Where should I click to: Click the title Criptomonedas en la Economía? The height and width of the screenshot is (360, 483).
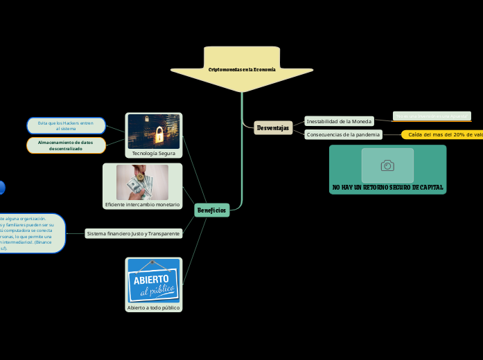242,70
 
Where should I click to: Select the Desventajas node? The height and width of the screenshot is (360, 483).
272,128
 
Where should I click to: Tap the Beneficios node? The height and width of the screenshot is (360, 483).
211,210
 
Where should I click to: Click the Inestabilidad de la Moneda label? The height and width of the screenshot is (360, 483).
339,121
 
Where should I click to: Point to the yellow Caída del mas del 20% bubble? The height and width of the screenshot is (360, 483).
444,135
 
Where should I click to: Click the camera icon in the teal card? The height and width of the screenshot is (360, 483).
387,165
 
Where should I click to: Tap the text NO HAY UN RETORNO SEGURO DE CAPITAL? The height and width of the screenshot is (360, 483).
387,188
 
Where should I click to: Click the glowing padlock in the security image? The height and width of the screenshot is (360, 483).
159,133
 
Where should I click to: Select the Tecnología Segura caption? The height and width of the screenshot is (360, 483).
153,153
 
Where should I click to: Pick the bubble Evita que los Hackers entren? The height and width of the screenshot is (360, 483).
66,125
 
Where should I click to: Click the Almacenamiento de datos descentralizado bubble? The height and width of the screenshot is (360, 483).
66,145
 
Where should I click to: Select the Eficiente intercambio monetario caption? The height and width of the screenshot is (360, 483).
142,205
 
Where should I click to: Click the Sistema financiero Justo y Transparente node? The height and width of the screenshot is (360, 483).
133,234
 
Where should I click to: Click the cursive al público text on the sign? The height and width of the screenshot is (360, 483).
157,290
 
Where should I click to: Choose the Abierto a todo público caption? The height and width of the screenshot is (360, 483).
153,307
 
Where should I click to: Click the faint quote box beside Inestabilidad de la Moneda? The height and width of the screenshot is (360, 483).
431,116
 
